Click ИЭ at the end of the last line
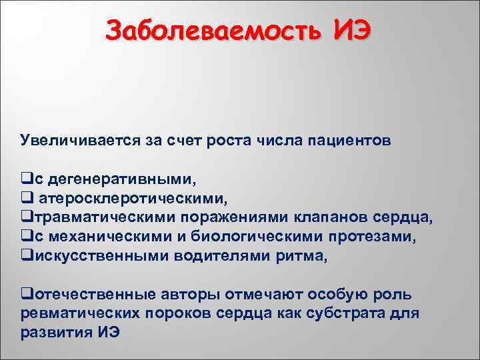[106, 333]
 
